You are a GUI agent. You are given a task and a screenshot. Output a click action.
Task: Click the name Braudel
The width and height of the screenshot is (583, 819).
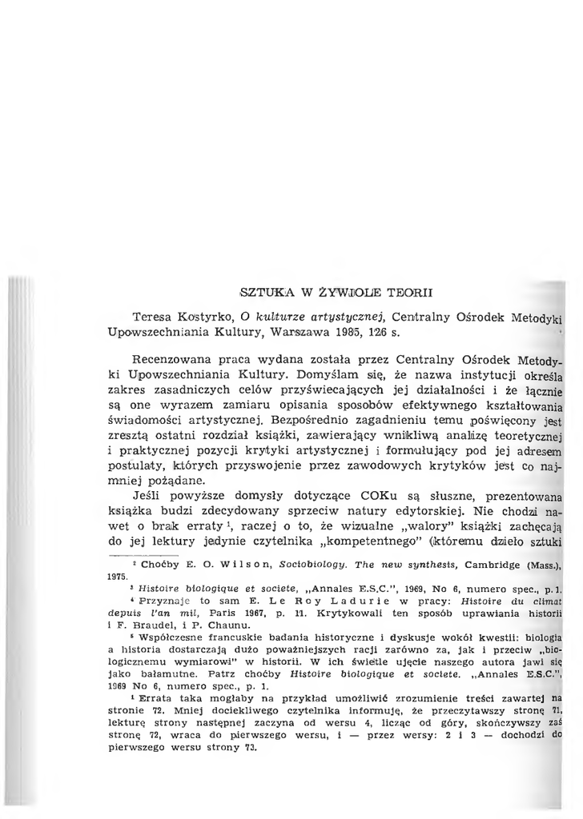(151, 625)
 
